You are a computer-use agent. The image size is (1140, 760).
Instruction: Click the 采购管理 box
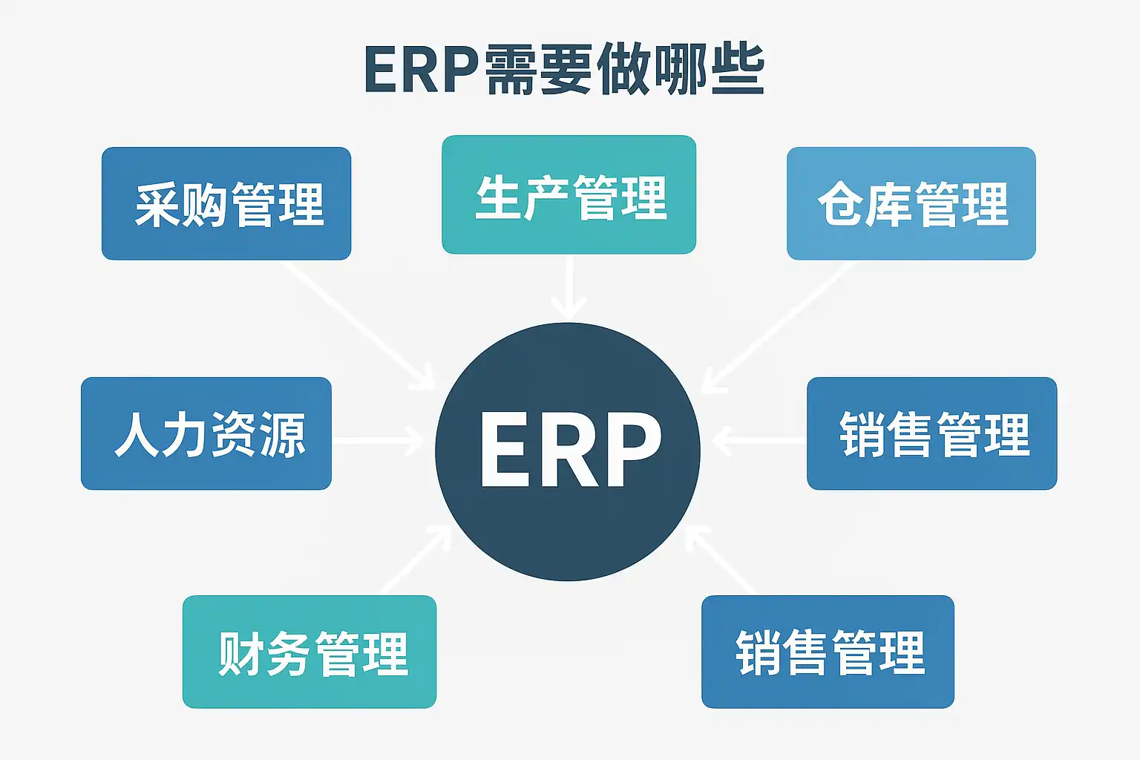[226, 203]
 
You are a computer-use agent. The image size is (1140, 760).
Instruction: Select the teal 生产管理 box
[569, 194]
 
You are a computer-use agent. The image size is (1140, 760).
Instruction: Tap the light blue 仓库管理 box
[911, 203]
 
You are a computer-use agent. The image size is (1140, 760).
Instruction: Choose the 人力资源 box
[206, 433]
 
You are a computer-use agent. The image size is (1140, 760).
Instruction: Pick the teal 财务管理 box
[309, 652]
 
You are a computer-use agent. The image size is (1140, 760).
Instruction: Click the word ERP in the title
[420, 71]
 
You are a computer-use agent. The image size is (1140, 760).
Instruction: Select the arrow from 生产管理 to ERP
[569, 289]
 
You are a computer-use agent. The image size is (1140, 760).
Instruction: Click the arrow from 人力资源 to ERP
[379, 441]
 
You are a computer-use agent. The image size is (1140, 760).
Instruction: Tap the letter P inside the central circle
[631, 450]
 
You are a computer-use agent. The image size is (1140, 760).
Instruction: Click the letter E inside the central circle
[505, 450]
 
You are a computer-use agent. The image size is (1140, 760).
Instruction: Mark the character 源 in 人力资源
[282, 435]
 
